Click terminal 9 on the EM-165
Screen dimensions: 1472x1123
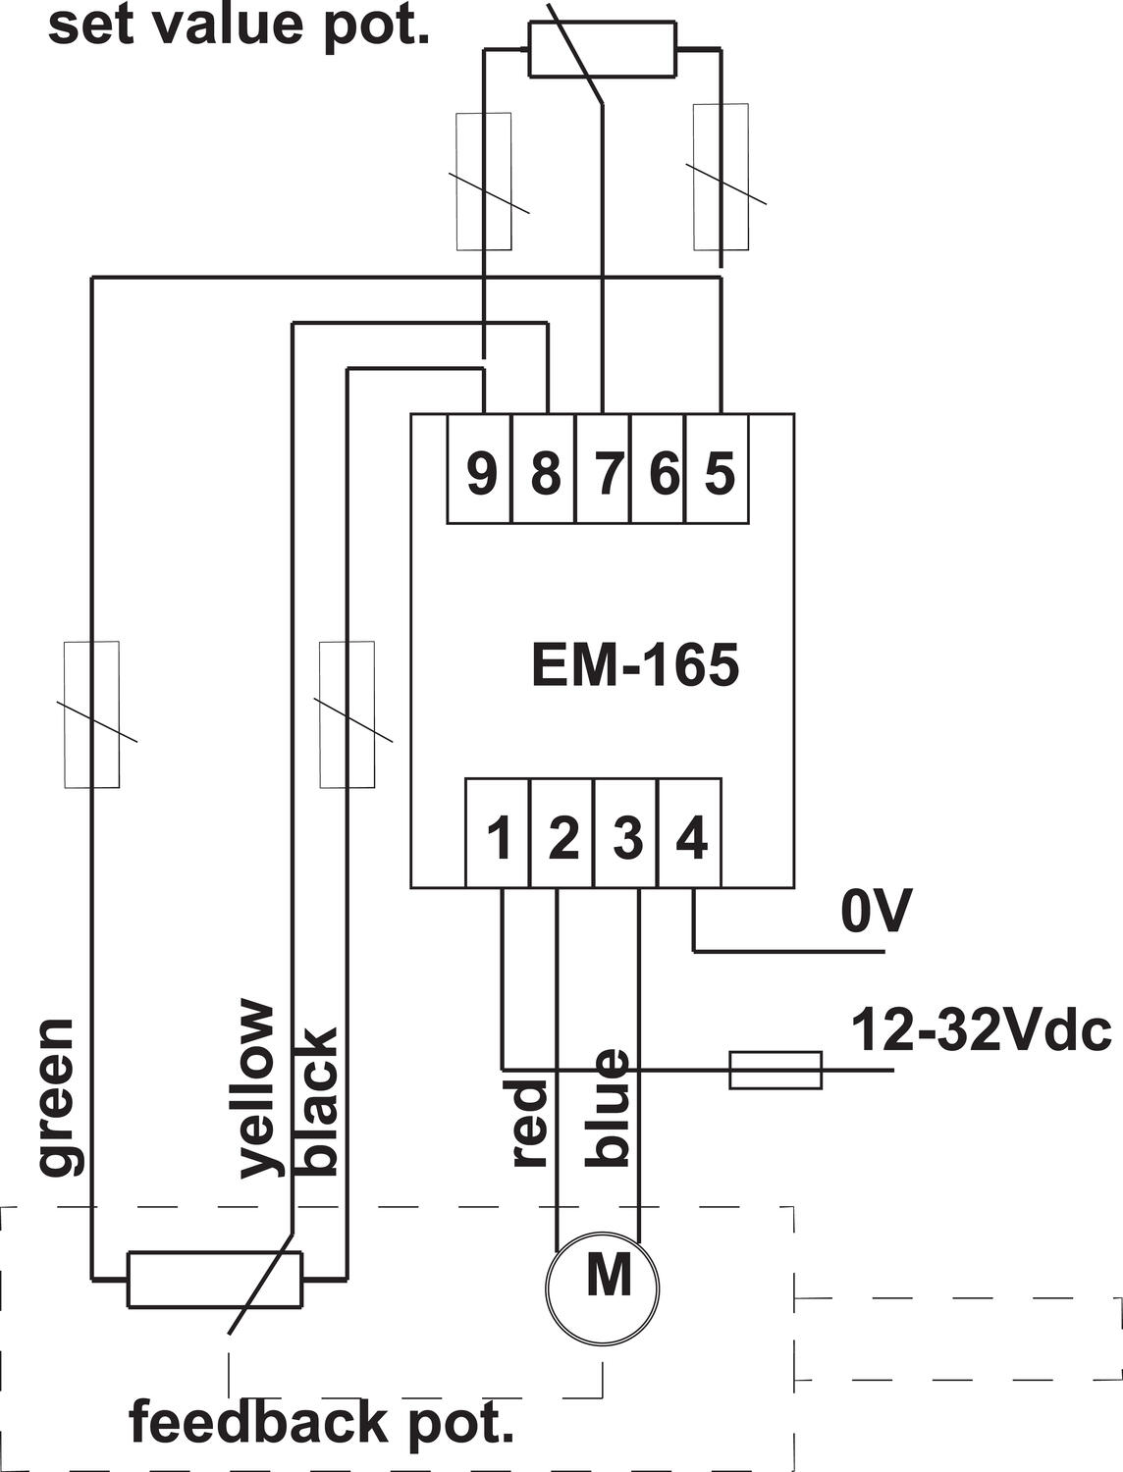[480, 472]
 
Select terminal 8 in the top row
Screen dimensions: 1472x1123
[545, 472]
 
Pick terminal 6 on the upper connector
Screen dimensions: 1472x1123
[664, 472]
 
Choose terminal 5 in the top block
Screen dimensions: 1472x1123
[720, 472]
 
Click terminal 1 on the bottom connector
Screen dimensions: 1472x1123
[500, 837]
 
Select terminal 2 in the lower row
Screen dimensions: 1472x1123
[562, 837]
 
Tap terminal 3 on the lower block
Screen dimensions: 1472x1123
[626, 837]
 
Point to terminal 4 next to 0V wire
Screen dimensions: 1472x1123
[690, 837]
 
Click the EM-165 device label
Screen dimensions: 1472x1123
[634, 665]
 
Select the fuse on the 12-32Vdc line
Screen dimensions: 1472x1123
[775, 1069]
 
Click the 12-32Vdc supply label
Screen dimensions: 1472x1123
[980, 1030]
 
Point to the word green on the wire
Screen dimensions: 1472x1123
[57, 1096]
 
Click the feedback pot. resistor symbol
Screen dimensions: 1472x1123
[215, 1280]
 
